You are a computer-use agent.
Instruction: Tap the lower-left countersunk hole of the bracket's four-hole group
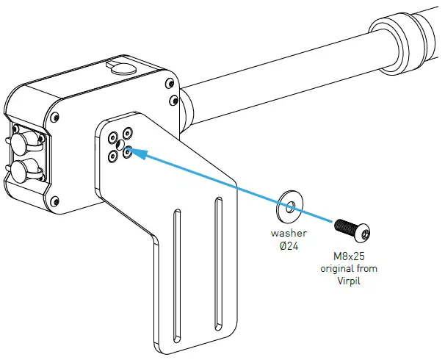coord(112,154)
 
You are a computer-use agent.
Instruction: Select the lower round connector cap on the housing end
coord(21,172)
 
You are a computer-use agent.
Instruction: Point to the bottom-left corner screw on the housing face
coord(57,200)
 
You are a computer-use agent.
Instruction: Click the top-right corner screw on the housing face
coord(171,100)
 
